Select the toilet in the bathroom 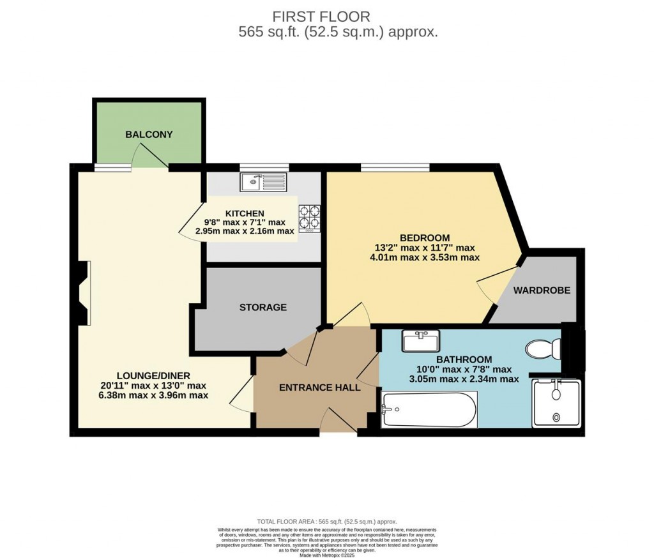tap(544, 349)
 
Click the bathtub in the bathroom tap(429, 410)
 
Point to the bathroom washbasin tap(420, 341)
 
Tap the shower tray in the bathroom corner tap(556, 403)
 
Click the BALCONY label tap(149, 135)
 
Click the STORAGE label tap(263, 307)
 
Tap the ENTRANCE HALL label tap(319, 387)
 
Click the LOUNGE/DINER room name tap(153, 375)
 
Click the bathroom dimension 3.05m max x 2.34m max tap(454, 379)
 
